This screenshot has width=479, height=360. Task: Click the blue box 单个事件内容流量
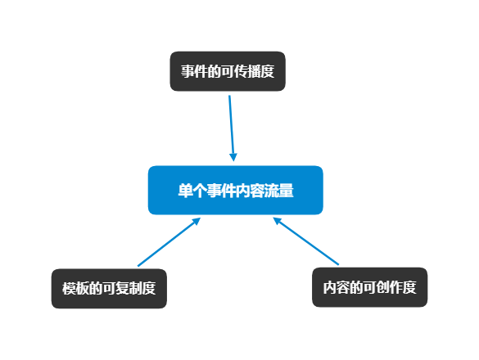(x=236, y=191)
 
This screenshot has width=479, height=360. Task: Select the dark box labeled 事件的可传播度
(x=228, y=71)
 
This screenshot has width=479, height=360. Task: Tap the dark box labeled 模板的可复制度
(x=109, y=289)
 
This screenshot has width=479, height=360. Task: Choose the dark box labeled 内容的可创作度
(x=369, y=287)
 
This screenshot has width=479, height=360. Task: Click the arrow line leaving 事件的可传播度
(x=232, y=128)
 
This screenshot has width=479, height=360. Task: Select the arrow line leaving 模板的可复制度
(x=169, y=242)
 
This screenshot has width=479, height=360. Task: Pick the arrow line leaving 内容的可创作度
(x=305, y=241)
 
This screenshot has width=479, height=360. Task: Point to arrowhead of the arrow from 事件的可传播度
(x=233, y=157)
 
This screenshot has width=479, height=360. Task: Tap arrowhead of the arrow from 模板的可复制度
(x=197, y=221)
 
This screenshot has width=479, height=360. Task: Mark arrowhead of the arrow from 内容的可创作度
(x=277, y=220)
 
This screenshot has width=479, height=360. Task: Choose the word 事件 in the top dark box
(x=194, y=71)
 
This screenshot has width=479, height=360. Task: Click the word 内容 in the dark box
(x=337, y=287)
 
